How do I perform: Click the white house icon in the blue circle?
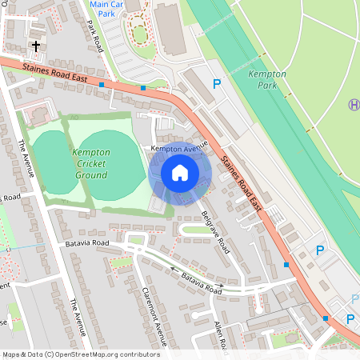point(180,172)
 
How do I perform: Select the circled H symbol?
point(354,104)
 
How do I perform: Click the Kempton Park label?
point(267,78)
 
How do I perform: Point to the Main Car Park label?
point(109,9)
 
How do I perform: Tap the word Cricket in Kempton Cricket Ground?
point(91,163)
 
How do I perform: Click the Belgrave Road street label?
point(215,233)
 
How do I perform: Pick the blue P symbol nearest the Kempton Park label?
point(216,83)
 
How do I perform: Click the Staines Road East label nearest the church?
point(54,73)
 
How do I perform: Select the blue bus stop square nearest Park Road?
point(102,84)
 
